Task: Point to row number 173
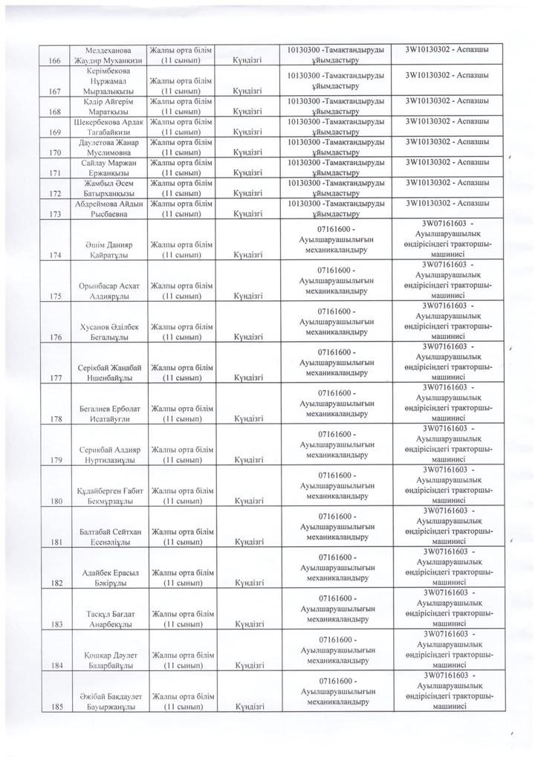pos(51,213)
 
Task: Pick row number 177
pos(51,377)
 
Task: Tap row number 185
pos(51,710)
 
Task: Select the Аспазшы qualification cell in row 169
pos(447,120)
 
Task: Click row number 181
pos(51,543)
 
